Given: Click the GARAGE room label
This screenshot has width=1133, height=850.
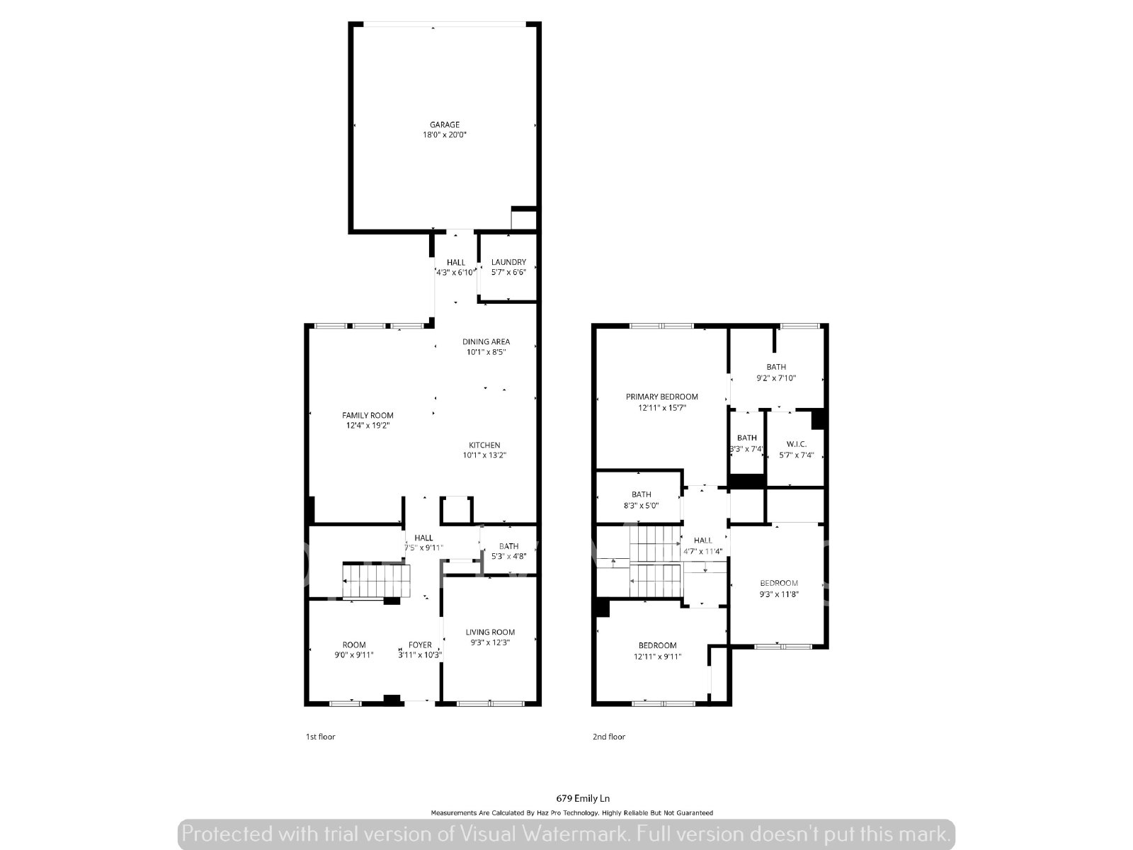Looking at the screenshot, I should click(444, 125).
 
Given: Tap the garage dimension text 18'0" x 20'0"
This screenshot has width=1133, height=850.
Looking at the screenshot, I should click(444, 135).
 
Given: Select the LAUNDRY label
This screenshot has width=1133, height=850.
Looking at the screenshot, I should click(508, 262).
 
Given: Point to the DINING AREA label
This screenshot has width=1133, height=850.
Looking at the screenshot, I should click(486, 341).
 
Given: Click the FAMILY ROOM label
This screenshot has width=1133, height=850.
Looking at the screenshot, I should click(368, 416).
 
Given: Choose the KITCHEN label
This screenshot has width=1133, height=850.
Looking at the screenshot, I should click(484, 446).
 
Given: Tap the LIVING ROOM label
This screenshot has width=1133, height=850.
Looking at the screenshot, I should click(490, 633).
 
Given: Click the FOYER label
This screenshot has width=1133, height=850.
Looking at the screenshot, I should click(420, 645).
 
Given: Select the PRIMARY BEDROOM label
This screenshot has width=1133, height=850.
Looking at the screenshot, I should click(661, 397).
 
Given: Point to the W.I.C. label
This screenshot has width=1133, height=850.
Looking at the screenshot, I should click(796, 444).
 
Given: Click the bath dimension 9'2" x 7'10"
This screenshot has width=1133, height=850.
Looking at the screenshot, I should click(776, 378).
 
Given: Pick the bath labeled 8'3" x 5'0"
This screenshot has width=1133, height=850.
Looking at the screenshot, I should click(641, 500).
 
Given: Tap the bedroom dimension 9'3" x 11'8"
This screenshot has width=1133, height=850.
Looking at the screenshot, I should click(779, 594).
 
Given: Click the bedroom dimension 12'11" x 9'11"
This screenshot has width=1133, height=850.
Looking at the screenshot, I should click(657, 657).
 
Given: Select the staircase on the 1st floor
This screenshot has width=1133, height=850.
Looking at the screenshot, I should click(375, 581).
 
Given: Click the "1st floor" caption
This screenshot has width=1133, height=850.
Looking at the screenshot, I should click(320, 737).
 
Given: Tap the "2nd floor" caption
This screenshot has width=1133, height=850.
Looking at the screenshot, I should click(608, 737).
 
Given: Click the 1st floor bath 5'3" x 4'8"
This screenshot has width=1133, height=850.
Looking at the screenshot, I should click(508, 551).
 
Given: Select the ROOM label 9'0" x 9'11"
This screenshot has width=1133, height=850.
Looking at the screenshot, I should click(354, 650).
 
